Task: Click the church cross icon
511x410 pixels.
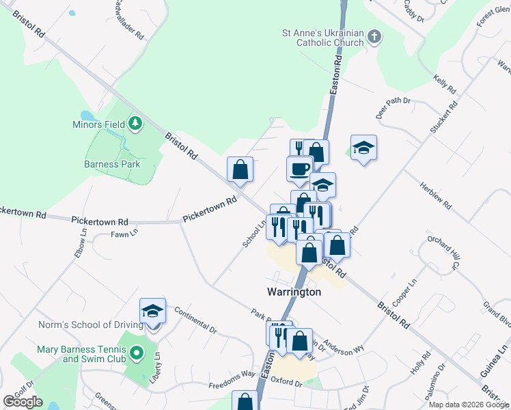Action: (374, 37)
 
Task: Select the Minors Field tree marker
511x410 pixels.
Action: (136, 124)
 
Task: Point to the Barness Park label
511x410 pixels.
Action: (112, 164)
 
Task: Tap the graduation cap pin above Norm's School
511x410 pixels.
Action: (152, 312)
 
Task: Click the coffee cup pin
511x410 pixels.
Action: (299, 169)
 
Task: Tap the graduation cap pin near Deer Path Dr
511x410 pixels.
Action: (364, 148)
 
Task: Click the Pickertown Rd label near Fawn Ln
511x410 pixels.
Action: (100, 221)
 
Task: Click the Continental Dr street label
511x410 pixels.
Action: (195, 320)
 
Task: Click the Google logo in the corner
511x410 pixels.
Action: (23, 401)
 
